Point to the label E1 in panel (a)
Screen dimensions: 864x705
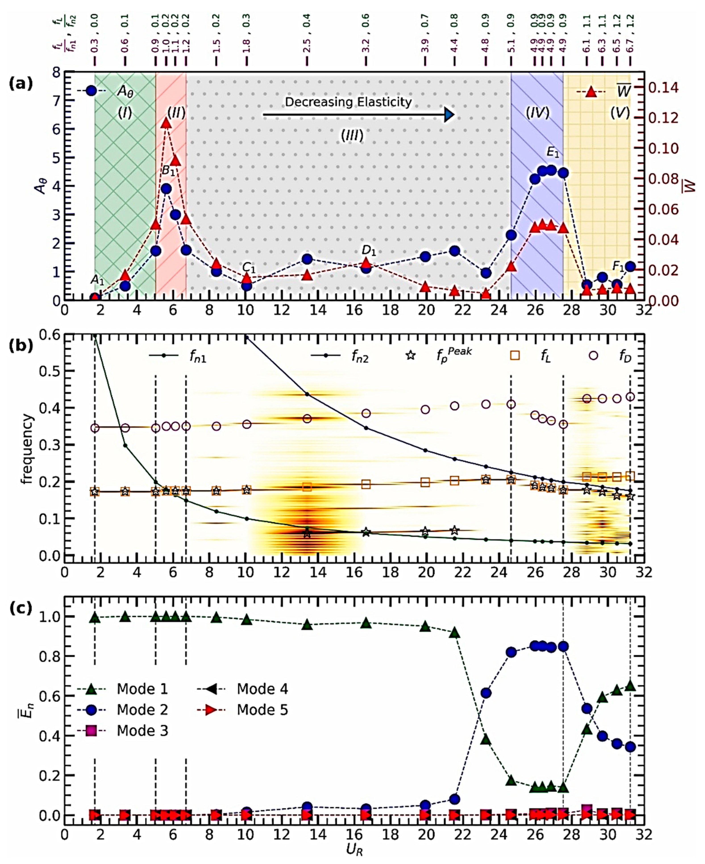[553, 153]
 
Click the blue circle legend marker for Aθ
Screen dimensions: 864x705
[91, 91]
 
